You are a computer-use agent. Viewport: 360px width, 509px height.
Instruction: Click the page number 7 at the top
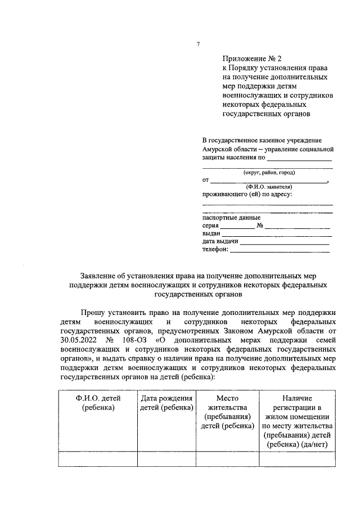[x=198, y=44]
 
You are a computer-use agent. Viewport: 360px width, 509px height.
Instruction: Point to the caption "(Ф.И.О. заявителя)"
[x=268, y=186]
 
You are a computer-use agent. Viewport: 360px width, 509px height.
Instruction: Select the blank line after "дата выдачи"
[x=285, y=242]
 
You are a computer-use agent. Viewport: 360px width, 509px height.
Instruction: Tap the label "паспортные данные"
[x=231, y=218]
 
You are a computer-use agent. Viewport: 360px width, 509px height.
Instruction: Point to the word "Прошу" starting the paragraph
[x=93, y=313]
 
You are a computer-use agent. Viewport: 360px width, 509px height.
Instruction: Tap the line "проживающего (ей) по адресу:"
[x=247, y=194]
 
